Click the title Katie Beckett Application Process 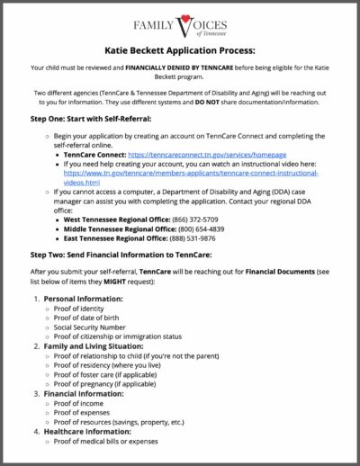(x=179, y=52)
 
